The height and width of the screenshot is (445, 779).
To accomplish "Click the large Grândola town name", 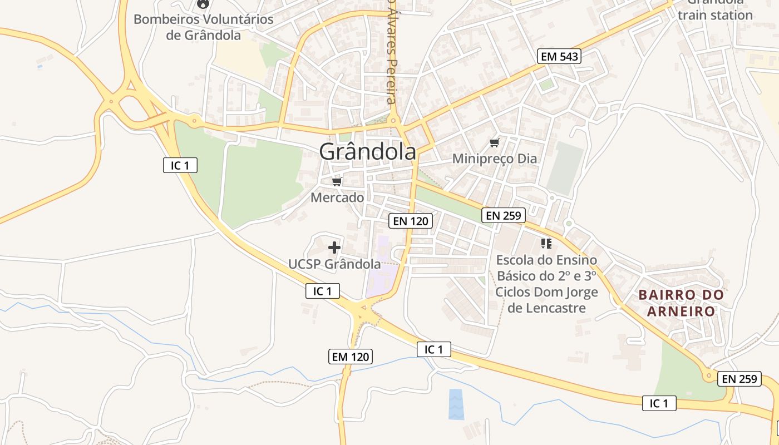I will tap(367, 151).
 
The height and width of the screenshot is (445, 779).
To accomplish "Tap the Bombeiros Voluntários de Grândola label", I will tap(204, 27).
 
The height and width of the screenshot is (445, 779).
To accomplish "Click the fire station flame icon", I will tap(204, 4).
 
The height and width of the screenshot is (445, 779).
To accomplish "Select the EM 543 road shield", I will tap(559, 56).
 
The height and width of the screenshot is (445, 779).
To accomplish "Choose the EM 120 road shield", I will tap(351, 357).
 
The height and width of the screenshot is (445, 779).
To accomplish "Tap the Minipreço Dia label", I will tap(495, 159).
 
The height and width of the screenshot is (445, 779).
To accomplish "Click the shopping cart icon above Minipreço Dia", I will tap(494, 143).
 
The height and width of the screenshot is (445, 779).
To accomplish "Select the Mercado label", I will tap(337, 197).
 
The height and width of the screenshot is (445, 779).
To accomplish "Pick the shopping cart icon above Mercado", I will tap(337, 181).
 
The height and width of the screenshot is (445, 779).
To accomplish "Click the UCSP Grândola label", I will tap(334, 264).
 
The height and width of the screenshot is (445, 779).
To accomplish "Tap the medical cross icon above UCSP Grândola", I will tap(334, 247).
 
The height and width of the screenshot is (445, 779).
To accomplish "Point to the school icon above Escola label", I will tap(546, 244).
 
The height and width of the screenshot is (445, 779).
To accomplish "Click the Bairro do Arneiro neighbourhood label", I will tap(681, 303).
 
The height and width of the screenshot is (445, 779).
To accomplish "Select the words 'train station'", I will tap(715, 15).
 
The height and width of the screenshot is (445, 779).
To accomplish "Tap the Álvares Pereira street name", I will tap(392, 53).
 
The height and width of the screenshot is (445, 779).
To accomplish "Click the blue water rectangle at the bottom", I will tap(456, 404).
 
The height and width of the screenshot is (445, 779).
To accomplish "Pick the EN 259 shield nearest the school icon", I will tap(503, 215).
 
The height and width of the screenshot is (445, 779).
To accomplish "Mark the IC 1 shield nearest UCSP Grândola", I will tap(322, 290).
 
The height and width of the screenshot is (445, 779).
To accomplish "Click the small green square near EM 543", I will tap(547, 85).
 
